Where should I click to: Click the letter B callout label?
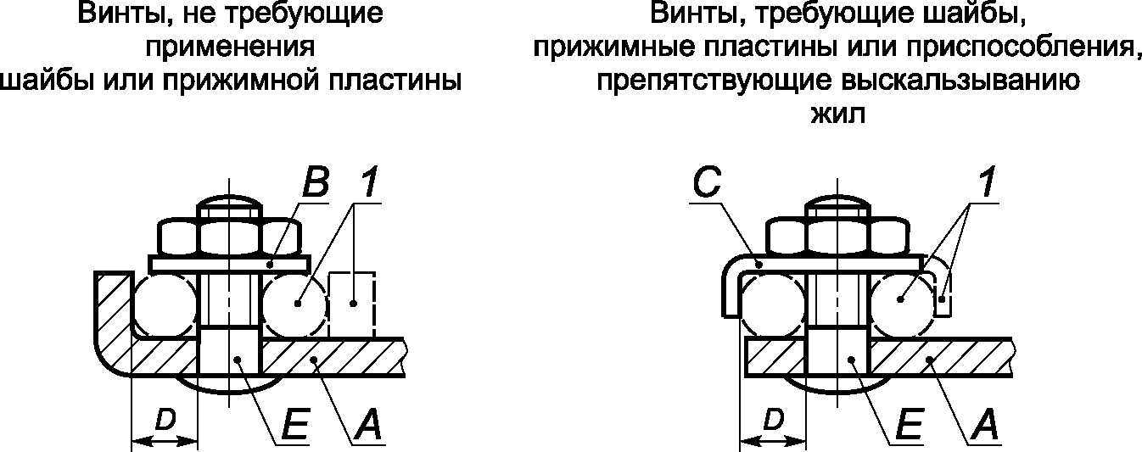(316, 182)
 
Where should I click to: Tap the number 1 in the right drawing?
(987, 182)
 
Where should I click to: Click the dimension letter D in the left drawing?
(165, 421)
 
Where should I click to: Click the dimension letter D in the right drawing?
(773, 421)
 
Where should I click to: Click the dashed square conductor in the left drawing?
(352, 304)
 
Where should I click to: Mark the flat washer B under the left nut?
(229, 264)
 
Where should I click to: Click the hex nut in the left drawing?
(229, 237)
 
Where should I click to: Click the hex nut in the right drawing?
(837, 237)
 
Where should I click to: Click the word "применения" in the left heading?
(231, 47)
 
